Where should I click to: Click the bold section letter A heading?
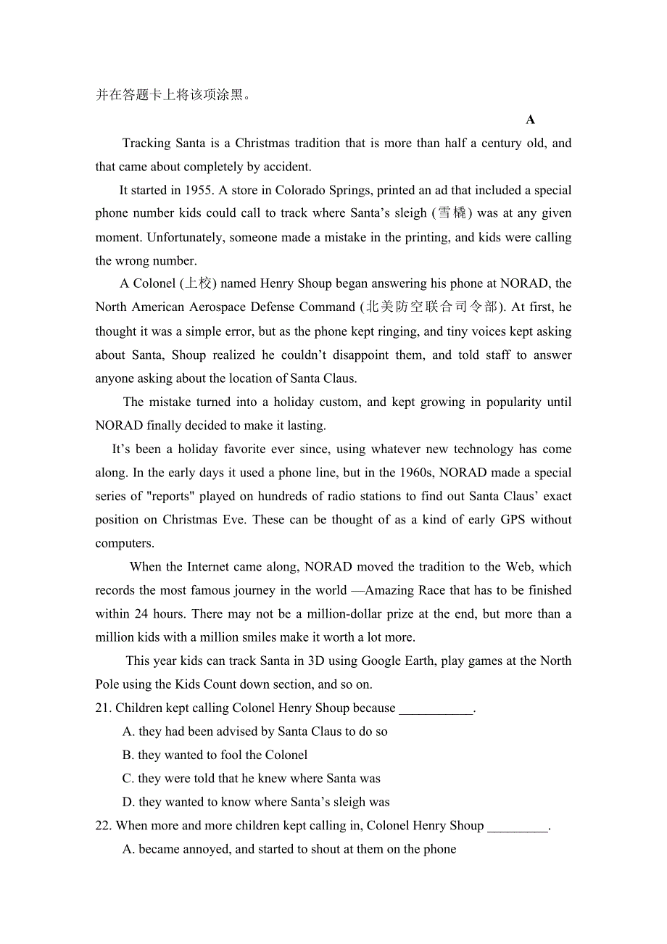[x=531, y=120]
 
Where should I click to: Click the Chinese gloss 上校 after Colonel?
[x=197, y=283]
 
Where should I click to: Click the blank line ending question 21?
[x=436, y=708]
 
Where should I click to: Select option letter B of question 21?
[x=128, y=755]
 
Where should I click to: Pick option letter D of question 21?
[x=128, y=803]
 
